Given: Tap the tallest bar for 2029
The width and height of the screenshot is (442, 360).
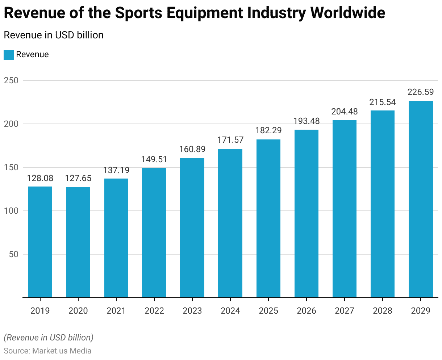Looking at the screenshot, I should [x=421, y=199].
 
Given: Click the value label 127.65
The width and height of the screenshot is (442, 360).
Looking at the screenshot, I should [x=78, y=178].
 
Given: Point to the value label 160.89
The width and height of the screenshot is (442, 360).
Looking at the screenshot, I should [x=192, y=149].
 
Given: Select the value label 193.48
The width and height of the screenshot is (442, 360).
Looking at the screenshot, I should [x=307, y=121].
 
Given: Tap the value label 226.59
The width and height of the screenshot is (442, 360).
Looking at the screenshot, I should [x=421, y=92].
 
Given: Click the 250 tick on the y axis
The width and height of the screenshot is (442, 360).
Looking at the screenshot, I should [x=11, y=80].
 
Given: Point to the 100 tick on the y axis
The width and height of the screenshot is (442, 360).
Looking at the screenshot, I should [x=11, y=211].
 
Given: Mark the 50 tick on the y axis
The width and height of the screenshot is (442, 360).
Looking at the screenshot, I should [x=13, y=254].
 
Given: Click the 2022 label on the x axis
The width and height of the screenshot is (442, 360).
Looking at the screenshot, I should [x=154, y=311].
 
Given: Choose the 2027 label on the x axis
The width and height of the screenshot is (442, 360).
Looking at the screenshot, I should [x=345, y=311].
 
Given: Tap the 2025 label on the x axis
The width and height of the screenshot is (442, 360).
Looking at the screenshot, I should [x=268, y=311].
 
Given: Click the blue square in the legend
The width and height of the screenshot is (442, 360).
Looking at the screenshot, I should [x=9, y=55].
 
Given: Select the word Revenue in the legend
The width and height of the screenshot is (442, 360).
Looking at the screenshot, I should [x=32, y=55].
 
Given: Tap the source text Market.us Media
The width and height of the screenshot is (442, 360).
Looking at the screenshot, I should [x=62, y=351].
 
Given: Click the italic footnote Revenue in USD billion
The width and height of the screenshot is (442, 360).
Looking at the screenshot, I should [x=49, y=338].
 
